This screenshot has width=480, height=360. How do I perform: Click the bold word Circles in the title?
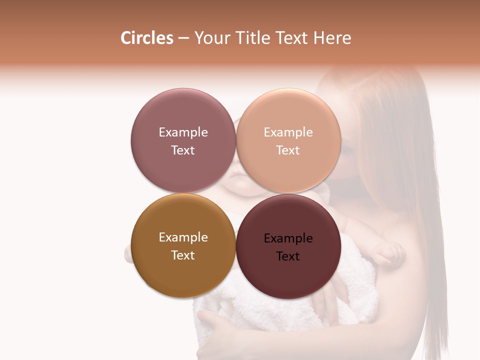click(146, 38)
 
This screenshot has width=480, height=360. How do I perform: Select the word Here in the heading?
click(332, 38)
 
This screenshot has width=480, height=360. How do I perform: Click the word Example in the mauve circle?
click(183, 132)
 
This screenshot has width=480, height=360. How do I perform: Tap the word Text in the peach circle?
click(288, 150)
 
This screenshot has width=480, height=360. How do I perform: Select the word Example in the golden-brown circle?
click(183, 237)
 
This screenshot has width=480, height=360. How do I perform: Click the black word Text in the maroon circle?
click(288, 256)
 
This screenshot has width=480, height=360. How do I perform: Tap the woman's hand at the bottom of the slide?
click(215, 332)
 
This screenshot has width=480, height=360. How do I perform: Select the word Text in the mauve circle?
click(183, 150)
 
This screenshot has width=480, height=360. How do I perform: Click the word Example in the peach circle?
click(288, 132)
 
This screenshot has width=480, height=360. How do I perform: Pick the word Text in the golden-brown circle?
click(183, 255)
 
